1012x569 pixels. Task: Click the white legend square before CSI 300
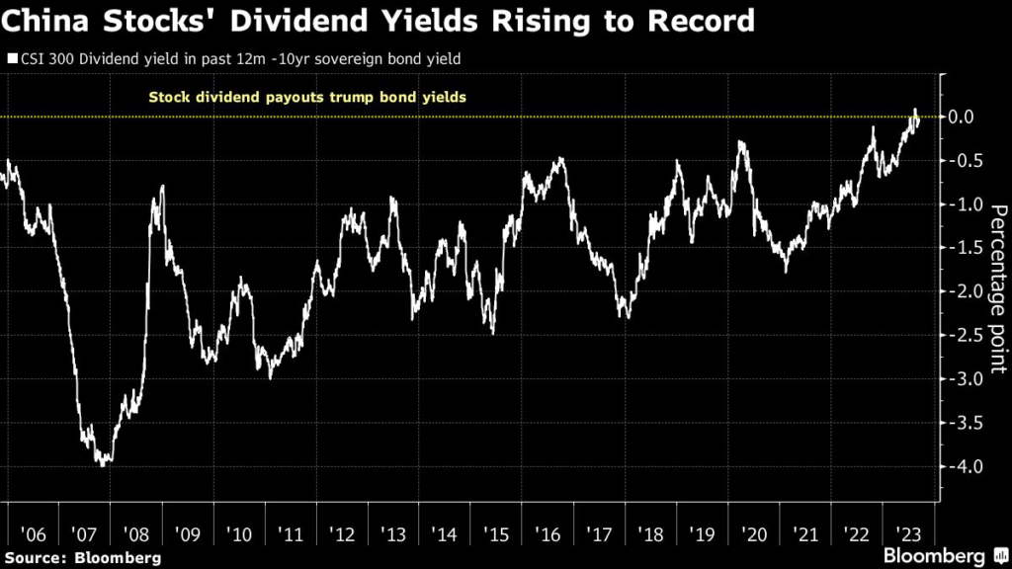12,59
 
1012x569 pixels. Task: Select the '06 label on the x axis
33,533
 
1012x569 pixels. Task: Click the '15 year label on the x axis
496,533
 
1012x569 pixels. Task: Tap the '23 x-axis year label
907,533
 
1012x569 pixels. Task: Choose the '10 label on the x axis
239,533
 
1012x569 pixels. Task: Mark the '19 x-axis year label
702,533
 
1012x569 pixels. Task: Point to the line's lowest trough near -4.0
103,464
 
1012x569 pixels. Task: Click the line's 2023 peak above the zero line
914,110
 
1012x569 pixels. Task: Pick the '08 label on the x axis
136,533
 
